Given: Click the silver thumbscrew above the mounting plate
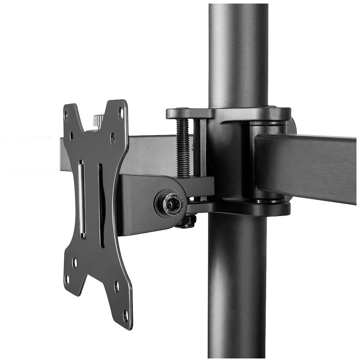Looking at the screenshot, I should pos(98,121).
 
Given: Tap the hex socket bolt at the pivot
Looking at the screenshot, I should pos(171,203).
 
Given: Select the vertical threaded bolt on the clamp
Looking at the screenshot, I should pos(183,148).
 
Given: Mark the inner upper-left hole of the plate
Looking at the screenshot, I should pos(71,135).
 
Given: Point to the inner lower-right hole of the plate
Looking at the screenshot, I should pos(117,286).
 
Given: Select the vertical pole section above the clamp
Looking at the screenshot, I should pos(237,53).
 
